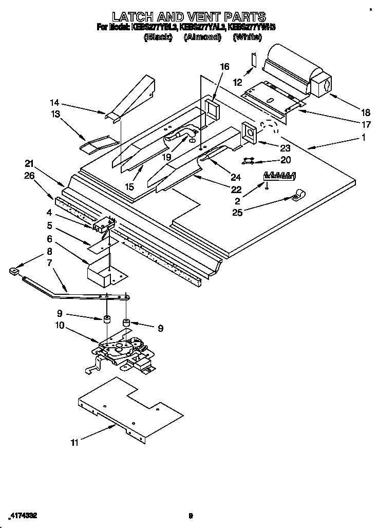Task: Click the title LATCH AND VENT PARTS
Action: coord(188,17)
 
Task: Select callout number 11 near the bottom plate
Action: coord(74,442)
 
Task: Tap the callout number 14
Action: coord(55,102)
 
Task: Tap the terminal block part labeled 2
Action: coord(280,176)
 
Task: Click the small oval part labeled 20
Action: coord(249,161)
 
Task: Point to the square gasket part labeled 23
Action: coord(251,131)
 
